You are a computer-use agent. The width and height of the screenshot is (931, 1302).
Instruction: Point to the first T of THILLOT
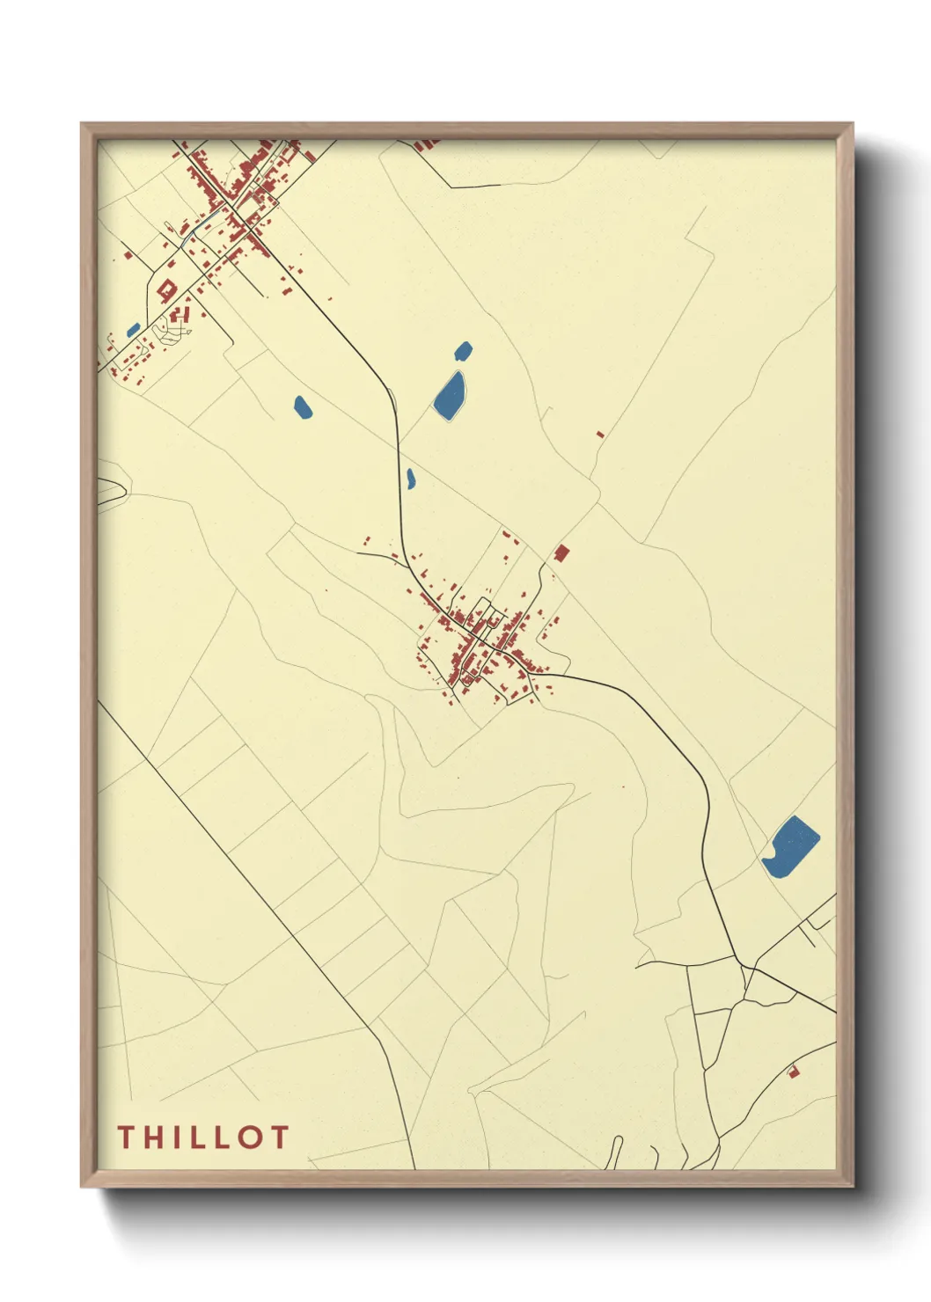(127, 1137)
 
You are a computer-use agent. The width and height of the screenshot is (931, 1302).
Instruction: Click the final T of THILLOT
(279, 1137)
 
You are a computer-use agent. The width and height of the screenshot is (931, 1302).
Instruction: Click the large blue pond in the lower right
(790, 846)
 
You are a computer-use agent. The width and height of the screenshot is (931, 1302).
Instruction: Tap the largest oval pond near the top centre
(450, 395)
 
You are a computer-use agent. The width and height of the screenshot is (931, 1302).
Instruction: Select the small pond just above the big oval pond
(463, 351)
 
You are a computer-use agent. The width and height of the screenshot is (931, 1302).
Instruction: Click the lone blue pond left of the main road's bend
(302, 407)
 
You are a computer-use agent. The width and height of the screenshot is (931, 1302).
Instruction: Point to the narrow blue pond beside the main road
(410, 479)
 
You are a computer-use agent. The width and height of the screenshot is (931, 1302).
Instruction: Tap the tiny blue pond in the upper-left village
(134, 330)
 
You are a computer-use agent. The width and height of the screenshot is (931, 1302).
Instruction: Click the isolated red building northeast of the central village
(561, 553)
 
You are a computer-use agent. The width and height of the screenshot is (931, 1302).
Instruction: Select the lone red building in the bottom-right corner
(792, 1072)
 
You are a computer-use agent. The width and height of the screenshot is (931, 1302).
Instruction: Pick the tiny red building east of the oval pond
(600, 434)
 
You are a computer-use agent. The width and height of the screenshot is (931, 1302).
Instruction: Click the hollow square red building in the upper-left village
(165, 289)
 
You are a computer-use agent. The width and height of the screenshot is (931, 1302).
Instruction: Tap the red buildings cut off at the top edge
(427, 143)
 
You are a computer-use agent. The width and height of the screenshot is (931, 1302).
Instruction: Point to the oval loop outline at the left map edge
(111, 492)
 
